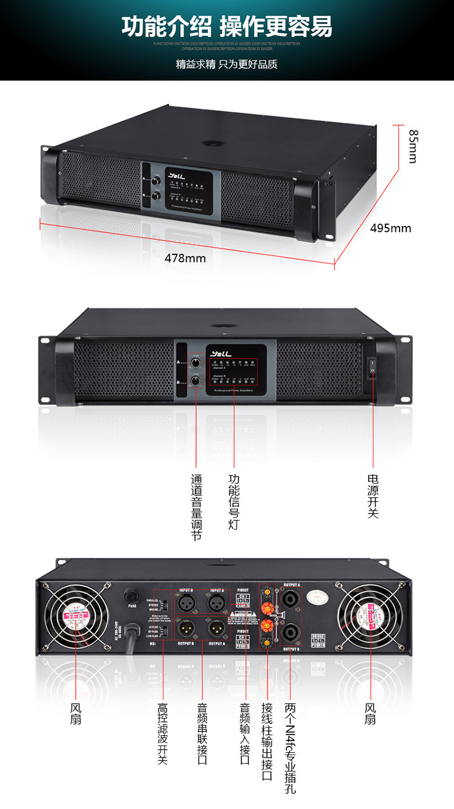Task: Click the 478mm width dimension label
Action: (185, 258)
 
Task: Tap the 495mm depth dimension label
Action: (390, 228)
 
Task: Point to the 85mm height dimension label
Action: (413, 146)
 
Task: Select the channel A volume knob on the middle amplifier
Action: (196, 363)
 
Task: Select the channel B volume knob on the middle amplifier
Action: (196, 381)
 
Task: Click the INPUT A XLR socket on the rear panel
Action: (217, 603)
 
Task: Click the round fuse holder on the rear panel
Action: (129, 595)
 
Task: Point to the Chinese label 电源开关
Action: (373, 496)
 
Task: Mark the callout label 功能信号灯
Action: (234, 502)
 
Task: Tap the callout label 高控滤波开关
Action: (162, 733)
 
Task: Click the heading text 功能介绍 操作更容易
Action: (227, 28)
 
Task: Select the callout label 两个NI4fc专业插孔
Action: (291, 748)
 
